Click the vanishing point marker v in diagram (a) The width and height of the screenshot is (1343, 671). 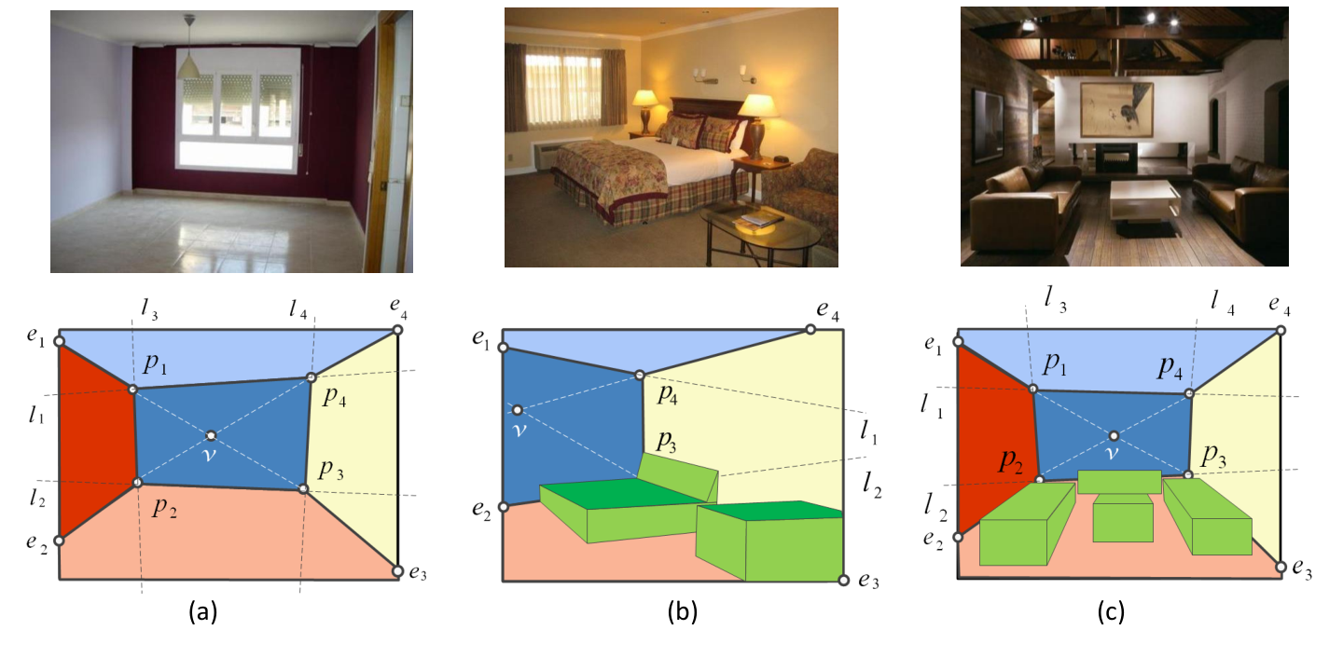(211, 435)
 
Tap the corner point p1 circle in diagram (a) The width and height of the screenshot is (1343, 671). (133, 390)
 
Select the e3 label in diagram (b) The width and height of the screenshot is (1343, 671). (868, 581)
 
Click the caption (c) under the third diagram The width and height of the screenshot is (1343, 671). (1111, 612)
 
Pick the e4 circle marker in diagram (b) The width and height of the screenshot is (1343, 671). (810, 330)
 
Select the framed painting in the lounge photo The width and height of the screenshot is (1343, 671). (1116, 110)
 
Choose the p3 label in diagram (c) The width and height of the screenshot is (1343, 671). (1213, 457)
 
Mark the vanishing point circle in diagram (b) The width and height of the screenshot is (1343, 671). (518, 410)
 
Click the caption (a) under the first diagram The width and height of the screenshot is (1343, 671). (203, 612)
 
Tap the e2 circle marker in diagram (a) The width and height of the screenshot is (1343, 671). (59, 541)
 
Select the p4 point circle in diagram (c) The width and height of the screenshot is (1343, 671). (1189, 393)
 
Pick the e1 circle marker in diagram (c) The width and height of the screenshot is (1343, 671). (958, 342)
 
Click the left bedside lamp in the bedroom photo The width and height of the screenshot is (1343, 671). (645, 112)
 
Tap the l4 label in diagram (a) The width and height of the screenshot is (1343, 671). (298, 308)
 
